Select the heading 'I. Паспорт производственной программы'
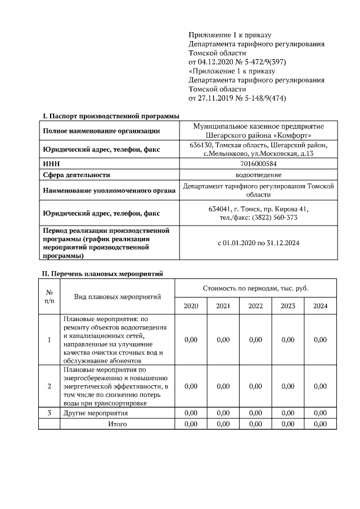(x=111, y=116)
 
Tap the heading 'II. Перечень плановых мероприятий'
(x=103, y=274)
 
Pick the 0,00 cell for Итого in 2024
(x=320, y=424)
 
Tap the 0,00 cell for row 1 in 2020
(x=191, y=340)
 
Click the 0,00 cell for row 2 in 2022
(x=255, y=386)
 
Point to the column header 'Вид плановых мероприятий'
(x=118, y=297)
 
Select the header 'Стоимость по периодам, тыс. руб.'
(x=255, y=288)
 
